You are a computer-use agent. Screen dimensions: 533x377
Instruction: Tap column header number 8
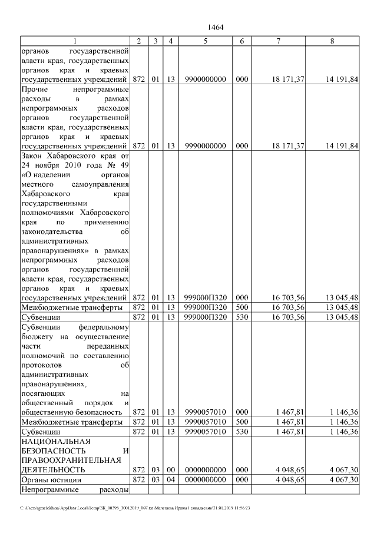pos(333,41)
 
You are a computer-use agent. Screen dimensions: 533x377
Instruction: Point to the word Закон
pos(32,155)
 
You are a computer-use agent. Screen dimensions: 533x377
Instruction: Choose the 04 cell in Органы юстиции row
pos(170,480)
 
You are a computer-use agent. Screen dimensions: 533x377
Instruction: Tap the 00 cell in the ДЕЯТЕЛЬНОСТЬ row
pos(170,470)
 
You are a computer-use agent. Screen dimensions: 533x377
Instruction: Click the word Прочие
pos(34,89)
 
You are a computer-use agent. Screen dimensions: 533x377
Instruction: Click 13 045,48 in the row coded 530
pos(341,317)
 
